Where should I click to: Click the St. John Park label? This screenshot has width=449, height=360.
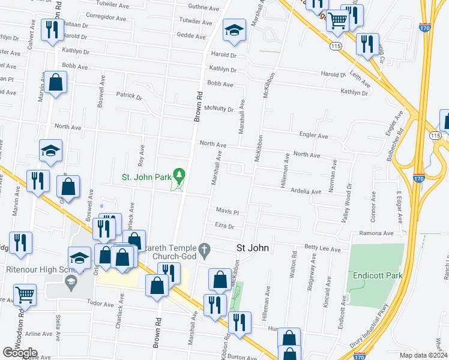[x=146, y=177]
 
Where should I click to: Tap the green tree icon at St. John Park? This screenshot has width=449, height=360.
[x=178, y=175]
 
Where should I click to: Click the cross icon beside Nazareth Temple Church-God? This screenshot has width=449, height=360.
[x=204, y=248]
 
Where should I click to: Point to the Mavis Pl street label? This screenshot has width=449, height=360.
[x=227, y=212]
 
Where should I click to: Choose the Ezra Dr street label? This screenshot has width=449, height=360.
[x=223, y=226]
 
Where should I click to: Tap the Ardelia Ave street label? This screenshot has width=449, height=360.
[x=306, y=191]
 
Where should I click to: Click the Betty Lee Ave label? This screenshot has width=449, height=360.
[x=322, y=248]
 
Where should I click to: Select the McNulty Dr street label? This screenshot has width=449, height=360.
[x=218, y=109]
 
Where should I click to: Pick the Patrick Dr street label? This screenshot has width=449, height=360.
[x=129, y=95]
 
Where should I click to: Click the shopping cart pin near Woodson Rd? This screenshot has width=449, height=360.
[x=25, y=295]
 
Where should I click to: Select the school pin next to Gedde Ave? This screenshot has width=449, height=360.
[x=234, y=31]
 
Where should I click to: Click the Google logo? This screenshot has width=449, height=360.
[x=20, y=353]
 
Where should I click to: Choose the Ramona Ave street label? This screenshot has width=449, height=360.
[x=376, y=233]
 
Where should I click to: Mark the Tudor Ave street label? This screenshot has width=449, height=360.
[x=100, y=304]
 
